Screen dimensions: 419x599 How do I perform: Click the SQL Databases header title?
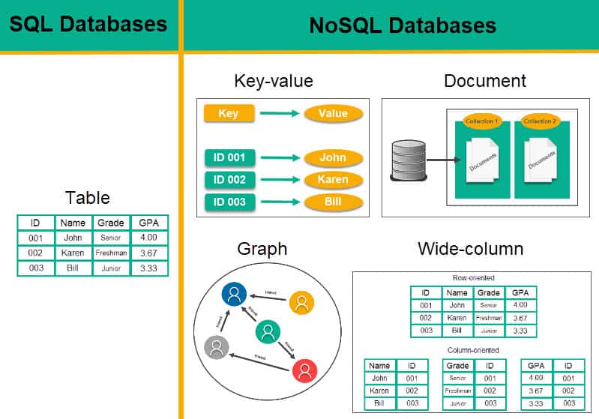click(x=88, y=24)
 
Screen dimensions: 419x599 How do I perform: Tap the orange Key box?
click(x=229, y=113)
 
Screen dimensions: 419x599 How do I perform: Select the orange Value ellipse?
click(x=334, y=113)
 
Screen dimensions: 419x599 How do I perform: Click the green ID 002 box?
click(x=229, y=180)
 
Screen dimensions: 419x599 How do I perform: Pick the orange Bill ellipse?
click(x=334, y=203)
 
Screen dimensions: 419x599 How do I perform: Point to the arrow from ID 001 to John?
click(x=279, y=157)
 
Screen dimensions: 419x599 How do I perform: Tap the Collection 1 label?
click(x=481, y=121)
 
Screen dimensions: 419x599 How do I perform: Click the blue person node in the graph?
click(x=235, y=295)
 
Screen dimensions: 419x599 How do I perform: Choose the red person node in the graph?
click(x=304, y=370)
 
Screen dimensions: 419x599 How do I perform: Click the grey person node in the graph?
click(x=217, y=347)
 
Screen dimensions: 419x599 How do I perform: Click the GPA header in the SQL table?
click(x=148, y=223)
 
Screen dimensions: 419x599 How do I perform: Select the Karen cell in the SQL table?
click(x=73, y=253)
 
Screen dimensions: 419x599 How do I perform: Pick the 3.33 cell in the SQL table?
click(x=148, y=268)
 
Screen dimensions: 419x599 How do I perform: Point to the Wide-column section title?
click(x=470, y=249)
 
